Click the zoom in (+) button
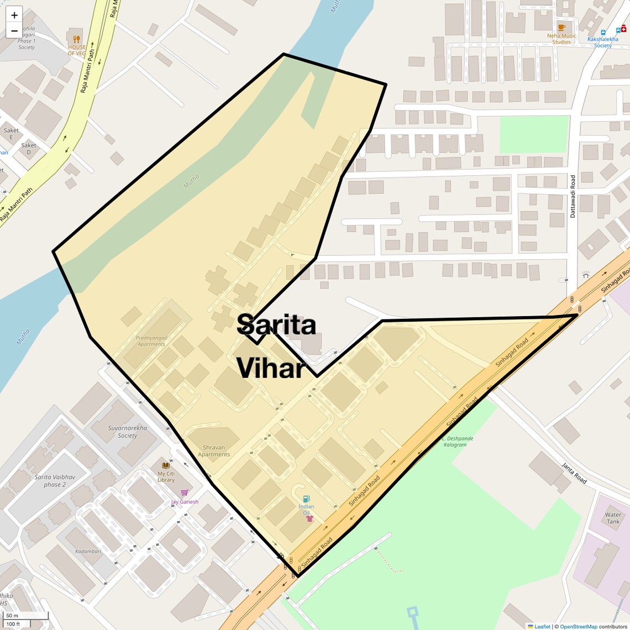tap(14, 15)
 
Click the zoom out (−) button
tap(14, 31)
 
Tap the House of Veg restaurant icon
tap(77, 39)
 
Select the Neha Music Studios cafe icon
tap(561, 27)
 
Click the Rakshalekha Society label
tap(602, 42)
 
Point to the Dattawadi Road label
tap(573, 196)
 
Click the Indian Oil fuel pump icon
tap(306, 498)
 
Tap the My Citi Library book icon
tap(166, 465)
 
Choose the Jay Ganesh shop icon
tap(184, 493)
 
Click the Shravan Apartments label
tap(214, 451)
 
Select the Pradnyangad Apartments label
tap(151, 341)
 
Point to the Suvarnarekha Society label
tap(128, 432)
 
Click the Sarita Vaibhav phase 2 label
tap(55, 481)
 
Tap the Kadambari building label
tap(88, 551)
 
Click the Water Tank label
tap(613, 518)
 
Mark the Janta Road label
tap(574, 473)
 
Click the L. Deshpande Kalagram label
tap(458, 442)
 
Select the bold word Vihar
tap(271, 369)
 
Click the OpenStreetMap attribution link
tap(578, 627)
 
